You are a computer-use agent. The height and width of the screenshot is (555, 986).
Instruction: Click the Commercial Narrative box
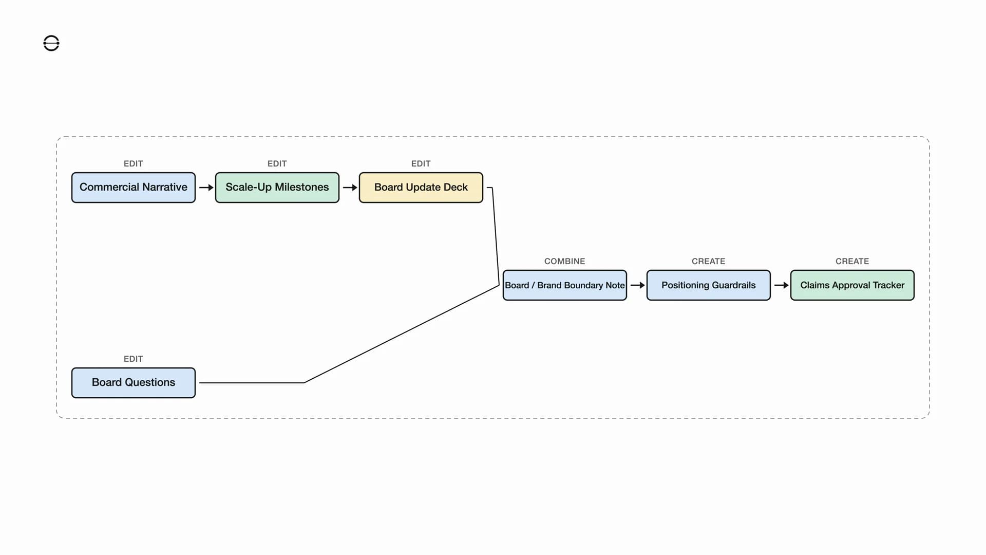click(x=134, y=188)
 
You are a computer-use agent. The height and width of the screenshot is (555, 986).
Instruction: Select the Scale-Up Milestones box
click(x=277, y=188)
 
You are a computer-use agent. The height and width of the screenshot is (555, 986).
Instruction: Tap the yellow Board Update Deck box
click(x=421, y=188)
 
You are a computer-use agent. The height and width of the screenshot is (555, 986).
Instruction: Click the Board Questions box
click(x=134, y=383)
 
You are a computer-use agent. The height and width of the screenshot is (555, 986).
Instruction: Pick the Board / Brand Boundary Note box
click(x=565, y=285)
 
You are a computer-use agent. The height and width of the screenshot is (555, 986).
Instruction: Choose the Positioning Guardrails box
click(x=709, y=285)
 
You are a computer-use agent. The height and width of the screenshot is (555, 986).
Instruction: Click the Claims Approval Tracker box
click(x=852, y=285)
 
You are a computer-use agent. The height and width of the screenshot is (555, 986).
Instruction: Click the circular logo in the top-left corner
click(x=51, y=43)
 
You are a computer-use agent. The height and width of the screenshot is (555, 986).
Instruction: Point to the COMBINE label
click(x=564, y=261)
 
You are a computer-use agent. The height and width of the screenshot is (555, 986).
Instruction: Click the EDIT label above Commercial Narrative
click(x=133, y=163)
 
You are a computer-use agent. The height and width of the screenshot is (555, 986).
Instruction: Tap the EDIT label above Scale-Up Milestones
click(x=277, y=163)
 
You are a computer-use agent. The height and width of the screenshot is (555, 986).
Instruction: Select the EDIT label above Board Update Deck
click(x=421, y=163)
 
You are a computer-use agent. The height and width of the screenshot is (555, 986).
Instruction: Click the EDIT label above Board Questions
click(x=133, y=359)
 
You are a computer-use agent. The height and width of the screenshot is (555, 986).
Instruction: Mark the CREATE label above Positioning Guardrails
click(x=708, y=261)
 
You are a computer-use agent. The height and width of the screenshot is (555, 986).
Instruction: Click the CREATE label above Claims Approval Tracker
click(x=852, y=261)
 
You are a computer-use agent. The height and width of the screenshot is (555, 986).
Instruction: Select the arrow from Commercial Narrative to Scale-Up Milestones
click(x=206, y=188)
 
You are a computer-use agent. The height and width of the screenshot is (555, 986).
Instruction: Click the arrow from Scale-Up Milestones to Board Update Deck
click(x=350, y=188)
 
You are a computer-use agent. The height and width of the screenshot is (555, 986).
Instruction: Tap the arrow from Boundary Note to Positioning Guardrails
click(x=637, y=285)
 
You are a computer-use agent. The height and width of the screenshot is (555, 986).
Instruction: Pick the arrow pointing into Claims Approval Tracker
click(x=781, y=285)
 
